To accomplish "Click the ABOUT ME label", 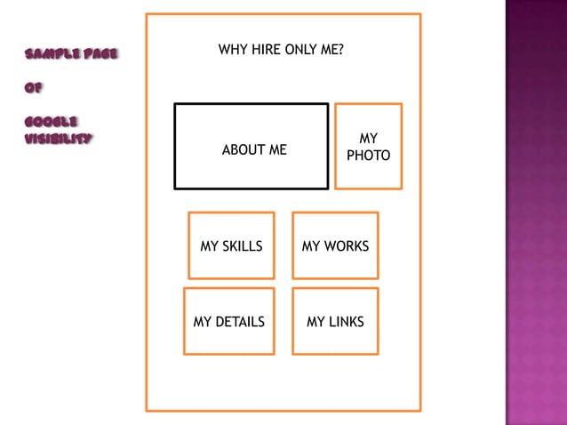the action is pos(254,150).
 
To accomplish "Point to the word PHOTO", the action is pos(368,156).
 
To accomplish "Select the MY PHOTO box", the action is pos(368,147).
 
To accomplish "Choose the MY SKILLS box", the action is pos(232,245).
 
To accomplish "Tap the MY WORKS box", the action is pos(335,245).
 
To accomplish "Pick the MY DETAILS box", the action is pos(228,322).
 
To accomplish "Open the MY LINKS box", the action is pos(335,322).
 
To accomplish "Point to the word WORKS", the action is pos(347,246).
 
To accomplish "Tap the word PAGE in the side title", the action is pos(99,55).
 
